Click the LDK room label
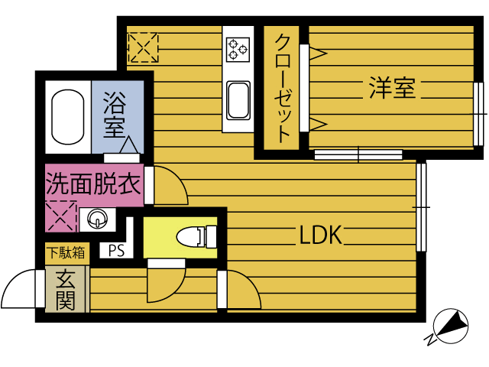[x=320, y=235]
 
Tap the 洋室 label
[x=392, y=87]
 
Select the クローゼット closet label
[x=282, y=89]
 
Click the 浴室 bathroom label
[x=115, y=114]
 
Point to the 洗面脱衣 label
[x=93, y=184]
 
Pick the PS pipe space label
[x=116, y=250]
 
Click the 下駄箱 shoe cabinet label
[x=66, y=252]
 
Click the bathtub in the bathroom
[x=68, y=117]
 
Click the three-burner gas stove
[x=238, y=49]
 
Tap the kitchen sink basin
[x=238, y=100]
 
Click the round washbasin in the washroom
[x=97, y=219]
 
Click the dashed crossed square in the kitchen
[x=143, y=47]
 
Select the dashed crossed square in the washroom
[x=61, y=216]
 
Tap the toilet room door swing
[x=175, y=292]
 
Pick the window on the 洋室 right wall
[x=478, y=114]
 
